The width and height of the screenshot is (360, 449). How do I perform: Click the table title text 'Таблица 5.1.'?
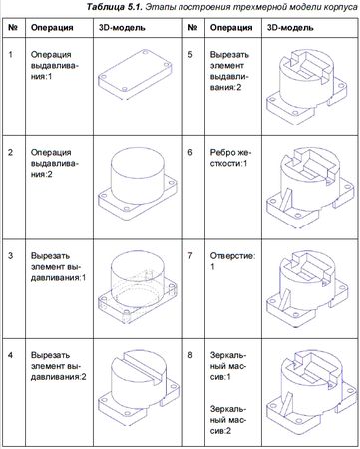pos(115,7)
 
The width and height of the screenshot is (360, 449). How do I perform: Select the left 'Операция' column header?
pos(52,27)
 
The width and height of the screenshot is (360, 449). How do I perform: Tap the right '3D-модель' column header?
pos(290,27)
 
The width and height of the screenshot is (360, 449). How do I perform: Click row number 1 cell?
pos(10,54)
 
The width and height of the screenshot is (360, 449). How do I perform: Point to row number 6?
pos(190,152)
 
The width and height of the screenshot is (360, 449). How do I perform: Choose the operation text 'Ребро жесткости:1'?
pos(231,158)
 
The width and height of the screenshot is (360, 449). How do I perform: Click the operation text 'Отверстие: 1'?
pos(232,261)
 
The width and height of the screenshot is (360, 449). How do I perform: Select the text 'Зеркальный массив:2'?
pos(228,420)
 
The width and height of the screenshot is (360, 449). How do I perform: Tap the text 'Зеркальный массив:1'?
pos(228,366)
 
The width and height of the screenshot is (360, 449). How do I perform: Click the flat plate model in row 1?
pos(135,74)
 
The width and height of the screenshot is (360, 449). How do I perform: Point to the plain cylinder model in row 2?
pos(137,184)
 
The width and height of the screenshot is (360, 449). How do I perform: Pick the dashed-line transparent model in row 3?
pos(137,287)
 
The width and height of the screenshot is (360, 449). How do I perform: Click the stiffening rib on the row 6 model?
pos(286,199)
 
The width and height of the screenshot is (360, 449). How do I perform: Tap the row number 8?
pos(190,355)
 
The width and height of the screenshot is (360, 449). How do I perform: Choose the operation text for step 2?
pos(55,163)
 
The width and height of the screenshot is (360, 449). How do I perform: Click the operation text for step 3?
pos(58,267)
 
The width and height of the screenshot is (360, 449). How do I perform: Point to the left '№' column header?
pos(13,27)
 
